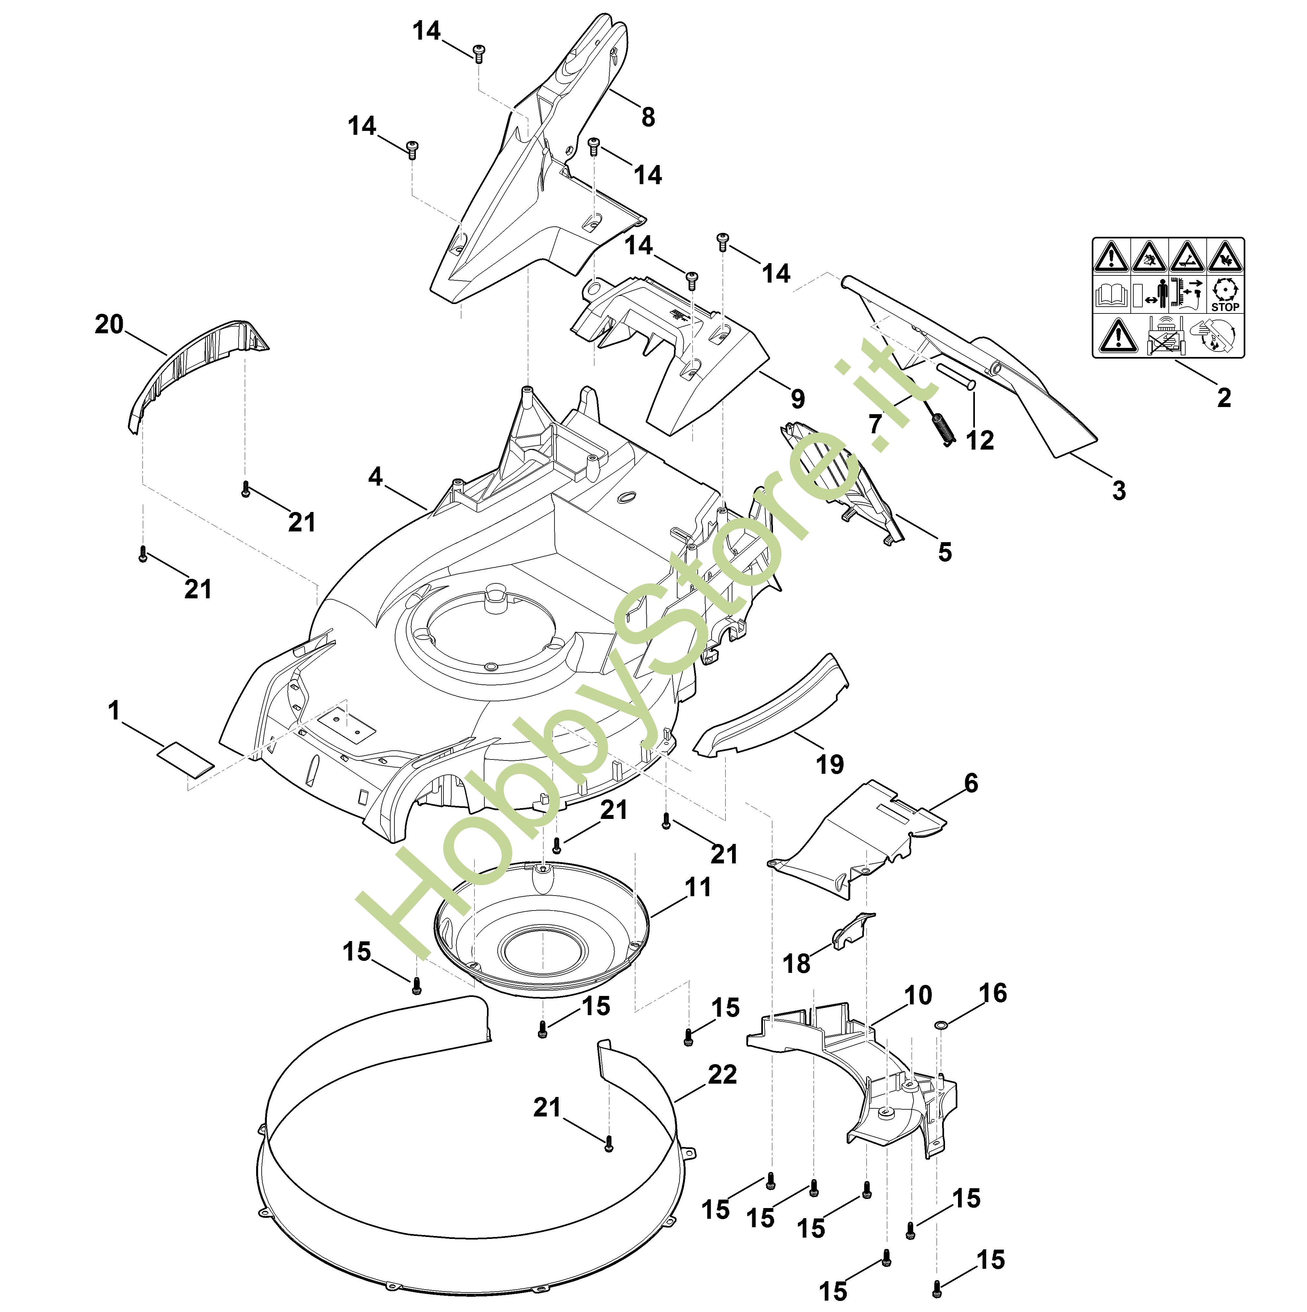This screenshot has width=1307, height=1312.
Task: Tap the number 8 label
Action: pos(648,118)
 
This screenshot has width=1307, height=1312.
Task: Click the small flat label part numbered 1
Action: pos(186,757)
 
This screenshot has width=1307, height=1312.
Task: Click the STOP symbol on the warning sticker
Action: pos(1225,295)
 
